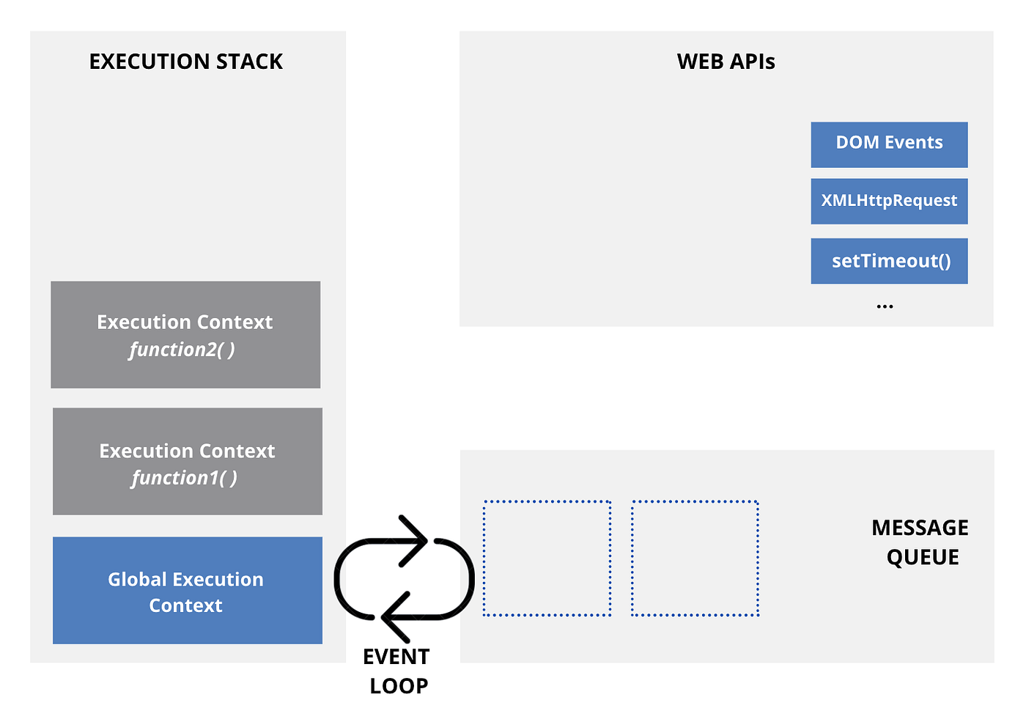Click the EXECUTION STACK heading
[x=185, y=62]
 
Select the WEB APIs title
[x=726, y=62]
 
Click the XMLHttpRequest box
[x=889, y=201]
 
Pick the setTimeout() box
[x=889, y=261]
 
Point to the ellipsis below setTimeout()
[x=885, y=306]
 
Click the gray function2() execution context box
[x=185, y=334]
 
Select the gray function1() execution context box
[x=187, y=461]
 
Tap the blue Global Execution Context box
[x=187, y=591]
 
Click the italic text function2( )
[x=182, y=350]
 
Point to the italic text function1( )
[x=185, y=478]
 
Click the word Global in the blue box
[x=137, y=579]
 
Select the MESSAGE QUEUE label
[x=920, y=542]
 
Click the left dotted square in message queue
[x=547, y=558]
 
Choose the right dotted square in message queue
[x=695, y=558]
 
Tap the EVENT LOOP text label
[x=397, y=671]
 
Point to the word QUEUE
[x=923, y=558]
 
